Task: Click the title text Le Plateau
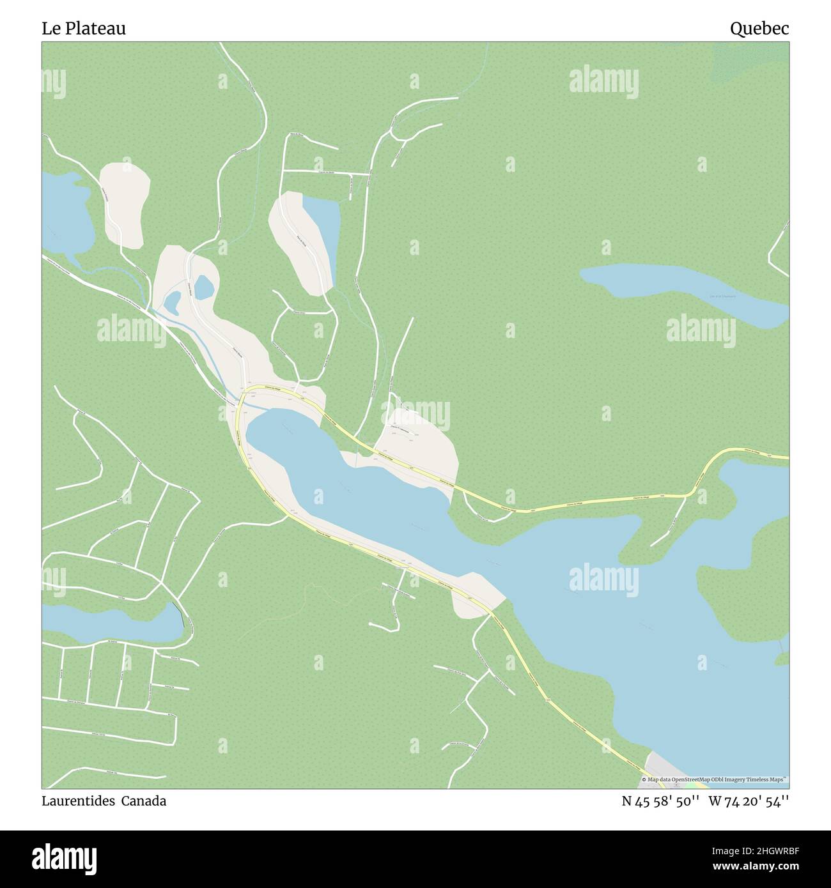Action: click(x=84, y=29)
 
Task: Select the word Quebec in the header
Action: click(x=759, y=29)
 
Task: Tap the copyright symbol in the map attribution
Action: click(x=644, y=780)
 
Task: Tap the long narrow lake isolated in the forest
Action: click(x=684, y=291)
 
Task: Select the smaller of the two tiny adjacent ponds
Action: click(x=171, y=302)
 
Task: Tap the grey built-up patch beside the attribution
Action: click(x=658, y=764)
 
